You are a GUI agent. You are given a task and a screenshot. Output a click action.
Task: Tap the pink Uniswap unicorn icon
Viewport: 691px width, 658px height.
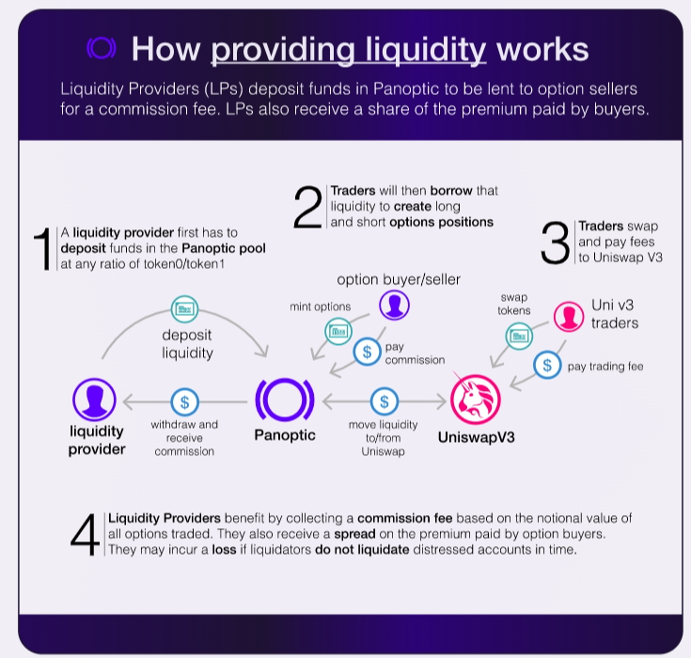[x=475, y=399]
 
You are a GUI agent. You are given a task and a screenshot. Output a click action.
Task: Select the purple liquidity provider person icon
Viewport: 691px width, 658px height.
[x=94, y=399]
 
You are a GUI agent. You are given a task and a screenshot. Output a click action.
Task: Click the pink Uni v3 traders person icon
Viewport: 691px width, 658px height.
[x=569, y=317]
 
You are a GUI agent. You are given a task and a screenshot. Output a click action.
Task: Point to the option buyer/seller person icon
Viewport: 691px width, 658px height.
[x=395, y=305]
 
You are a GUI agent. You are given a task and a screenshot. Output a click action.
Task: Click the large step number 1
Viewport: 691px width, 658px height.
[x=43, y=248]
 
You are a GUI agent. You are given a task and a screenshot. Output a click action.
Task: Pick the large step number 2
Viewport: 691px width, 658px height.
[x=307, y=207]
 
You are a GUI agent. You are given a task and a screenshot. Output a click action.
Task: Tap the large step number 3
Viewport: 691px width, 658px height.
[x=555, y=243]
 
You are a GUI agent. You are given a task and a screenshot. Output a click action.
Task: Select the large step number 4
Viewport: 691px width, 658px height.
[x=85, y=535]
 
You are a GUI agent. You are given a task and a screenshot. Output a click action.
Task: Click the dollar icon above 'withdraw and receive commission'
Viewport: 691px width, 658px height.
[x=184, y=402]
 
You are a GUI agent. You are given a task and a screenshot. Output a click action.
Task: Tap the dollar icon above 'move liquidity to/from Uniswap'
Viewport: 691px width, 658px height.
[x=385, y=401]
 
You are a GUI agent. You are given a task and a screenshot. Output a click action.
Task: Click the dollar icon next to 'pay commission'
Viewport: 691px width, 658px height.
[x=367, y=352]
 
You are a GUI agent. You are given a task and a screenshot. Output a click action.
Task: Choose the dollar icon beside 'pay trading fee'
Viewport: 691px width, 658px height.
[x=547, y=365]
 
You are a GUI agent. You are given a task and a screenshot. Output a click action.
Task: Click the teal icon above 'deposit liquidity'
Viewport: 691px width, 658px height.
[x=184, y=309]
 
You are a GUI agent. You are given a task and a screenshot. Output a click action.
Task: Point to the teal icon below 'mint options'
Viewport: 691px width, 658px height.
[x=338, y=331]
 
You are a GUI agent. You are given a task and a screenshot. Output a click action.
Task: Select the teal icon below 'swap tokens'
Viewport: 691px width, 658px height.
[x=519, y=337]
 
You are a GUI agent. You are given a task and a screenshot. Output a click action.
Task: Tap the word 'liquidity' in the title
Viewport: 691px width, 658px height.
[x=425, y=50]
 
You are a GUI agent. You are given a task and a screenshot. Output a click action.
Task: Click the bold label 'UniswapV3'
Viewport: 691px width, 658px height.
[x=477, y=437]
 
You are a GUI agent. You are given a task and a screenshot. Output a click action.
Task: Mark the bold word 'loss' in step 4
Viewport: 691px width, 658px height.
[x=224, y=550]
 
